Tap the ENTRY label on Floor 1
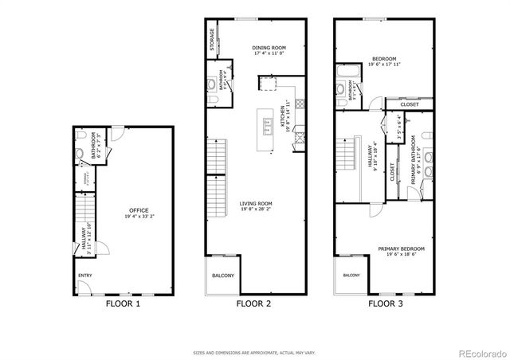(84, 276)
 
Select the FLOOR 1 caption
(123, 303)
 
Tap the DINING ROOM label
(269, 48)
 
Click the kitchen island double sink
(269, 123)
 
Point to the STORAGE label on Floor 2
(212, 40)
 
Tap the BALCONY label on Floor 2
(223, 276)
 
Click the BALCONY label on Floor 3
(351, 275)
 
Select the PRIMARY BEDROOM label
(401, 248)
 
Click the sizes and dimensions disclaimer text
(253, 351)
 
